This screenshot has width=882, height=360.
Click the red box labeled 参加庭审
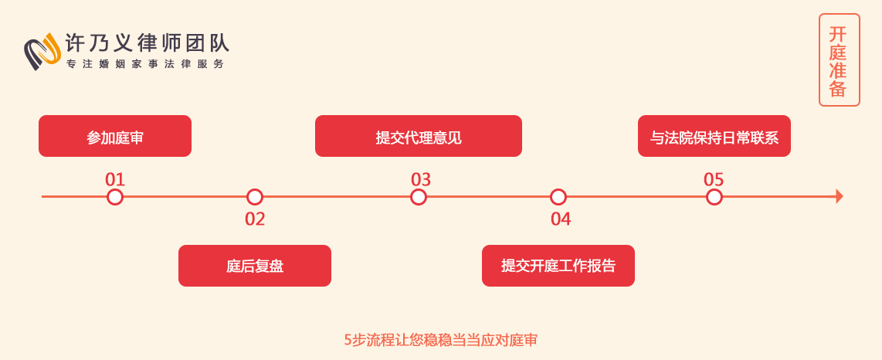tap(115, 136)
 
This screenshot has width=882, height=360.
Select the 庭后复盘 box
tap(255, 266)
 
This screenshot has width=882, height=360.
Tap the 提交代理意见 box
tap(419, 136)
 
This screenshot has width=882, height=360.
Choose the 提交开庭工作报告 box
tap(558, 266)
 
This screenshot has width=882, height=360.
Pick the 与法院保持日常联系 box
tap(714, 136)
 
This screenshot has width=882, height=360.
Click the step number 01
tap(115, 180)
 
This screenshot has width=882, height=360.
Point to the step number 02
tap(255, 219)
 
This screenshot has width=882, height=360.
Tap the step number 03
tap(421, 180)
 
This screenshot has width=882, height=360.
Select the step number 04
tap(561, 219)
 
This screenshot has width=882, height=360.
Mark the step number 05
tap(714, 180)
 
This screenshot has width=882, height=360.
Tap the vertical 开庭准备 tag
tap(840, 60)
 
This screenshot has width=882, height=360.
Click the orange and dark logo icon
tap(42, 52)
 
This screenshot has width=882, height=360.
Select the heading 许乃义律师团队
tap(148, 43)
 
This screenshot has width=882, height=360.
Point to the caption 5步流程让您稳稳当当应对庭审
tap(441, 340)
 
